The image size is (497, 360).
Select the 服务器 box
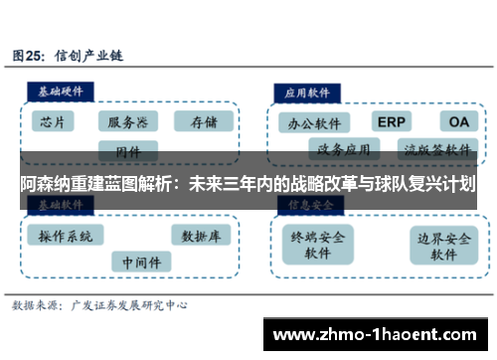(x=128, y=122)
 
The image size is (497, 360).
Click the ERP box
(x=393, y=121)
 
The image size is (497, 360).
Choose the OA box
(x=458, y=121)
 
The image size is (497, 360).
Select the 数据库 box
(x=200, y=237)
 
